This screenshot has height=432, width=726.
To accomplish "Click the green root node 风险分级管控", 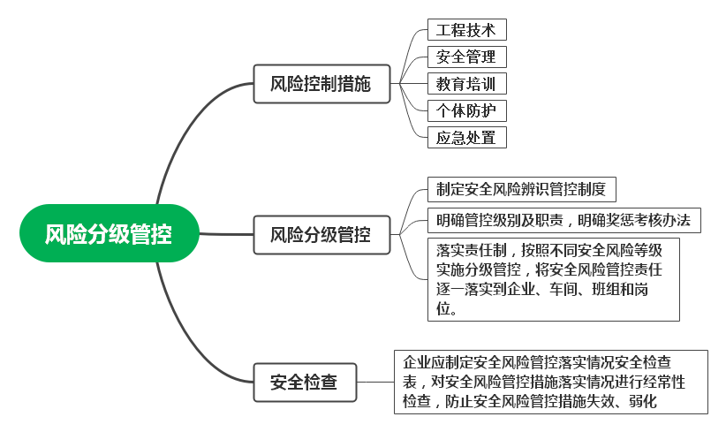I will (x=109, y=233).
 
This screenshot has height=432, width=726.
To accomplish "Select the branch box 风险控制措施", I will (x=320, y=85).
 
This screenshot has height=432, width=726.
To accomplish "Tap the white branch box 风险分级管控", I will (x=320, y=235).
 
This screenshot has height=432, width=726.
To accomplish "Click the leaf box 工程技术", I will (x=466, y=30).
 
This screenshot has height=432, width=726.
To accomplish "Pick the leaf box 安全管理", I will (x=466, y=57).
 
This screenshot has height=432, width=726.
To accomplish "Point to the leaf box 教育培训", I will (x=466, y=84).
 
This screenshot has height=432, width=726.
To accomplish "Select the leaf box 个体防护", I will (x=466, y=110).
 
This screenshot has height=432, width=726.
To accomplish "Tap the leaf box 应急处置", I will (x=466, y=137).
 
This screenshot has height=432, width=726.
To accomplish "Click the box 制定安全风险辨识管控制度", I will (x=521, y=190).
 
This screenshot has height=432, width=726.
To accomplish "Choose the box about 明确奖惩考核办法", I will (x=563, y=220).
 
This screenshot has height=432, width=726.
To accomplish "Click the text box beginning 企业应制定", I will (x=550, y=382).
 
